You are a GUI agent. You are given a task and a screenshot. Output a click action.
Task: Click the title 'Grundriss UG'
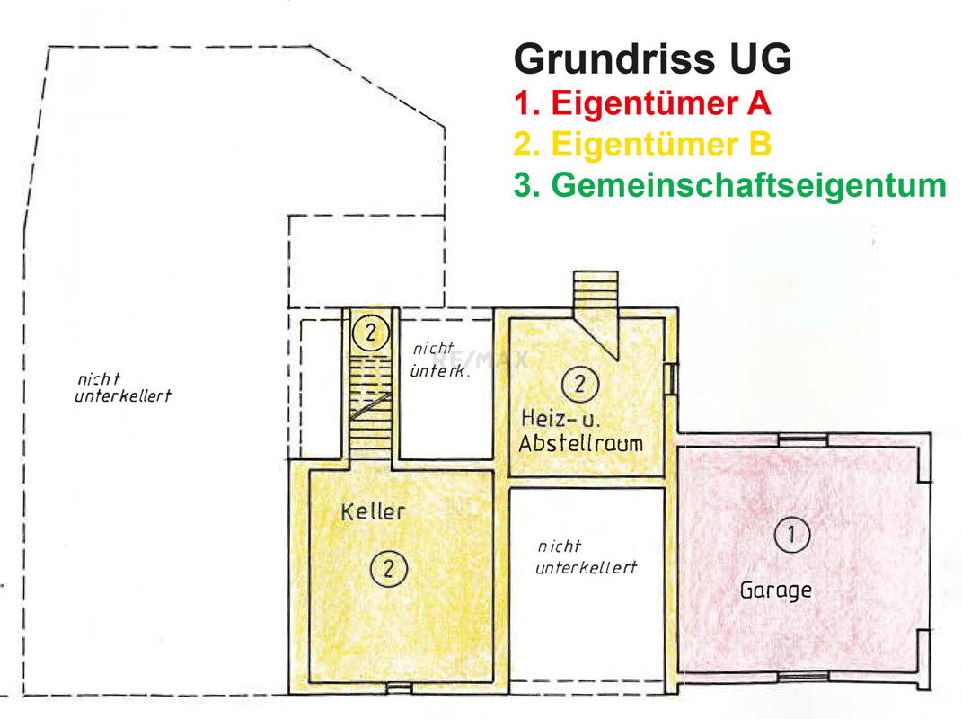tap(653, 59)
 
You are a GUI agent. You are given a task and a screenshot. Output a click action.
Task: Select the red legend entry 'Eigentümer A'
tap(642, 103)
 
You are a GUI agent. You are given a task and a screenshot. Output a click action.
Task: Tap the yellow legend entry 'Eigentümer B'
tap(642, 145)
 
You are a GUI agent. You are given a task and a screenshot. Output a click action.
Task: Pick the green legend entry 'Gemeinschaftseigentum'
tap(729, 185)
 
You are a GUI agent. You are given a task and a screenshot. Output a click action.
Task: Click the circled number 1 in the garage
tap(791, 535)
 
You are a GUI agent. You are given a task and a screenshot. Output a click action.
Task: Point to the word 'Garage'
tap(776, 590)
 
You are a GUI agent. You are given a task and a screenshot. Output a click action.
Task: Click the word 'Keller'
tap(373, 511)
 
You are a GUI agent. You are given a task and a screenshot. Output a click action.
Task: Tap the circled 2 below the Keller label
tap(389, 568)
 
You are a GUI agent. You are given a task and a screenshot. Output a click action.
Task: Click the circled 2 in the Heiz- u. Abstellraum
tap(579, 385)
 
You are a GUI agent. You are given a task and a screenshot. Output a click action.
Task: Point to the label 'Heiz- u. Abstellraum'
tap(582, 431)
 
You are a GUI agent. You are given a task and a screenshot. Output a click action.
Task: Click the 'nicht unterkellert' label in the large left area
tap(122, 387)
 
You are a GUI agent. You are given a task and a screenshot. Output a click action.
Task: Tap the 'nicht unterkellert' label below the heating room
tap(586, 556)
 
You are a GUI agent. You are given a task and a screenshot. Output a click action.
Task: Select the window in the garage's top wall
tap(802, 440)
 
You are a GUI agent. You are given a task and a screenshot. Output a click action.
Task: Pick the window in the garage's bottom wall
tap(802, 676)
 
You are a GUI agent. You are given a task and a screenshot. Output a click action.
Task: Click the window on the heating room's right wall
tap(669, 377)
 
